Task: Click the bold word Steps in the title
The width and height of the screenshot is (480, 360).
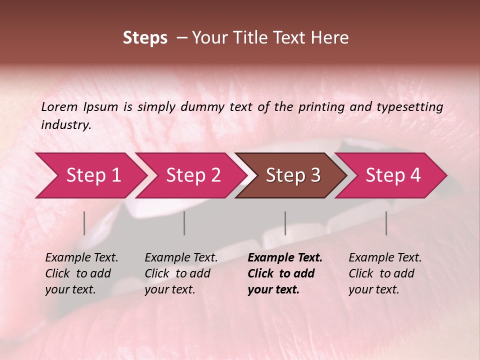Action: (x=145, y=38)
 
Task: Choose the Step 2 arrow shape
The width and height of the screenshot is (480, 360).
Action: (x=192, y=175)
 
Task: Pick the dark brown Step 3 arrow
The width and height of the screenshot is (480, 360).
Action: (x=292, y=175)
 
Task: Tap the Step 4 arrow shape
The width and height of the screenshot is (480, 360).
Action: (x=393, y=175)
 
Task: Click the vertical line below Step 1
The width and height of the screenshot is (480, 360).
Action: (x=84, y=223)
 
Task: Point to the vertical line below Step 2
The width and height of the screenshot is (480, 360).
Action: (x=184, y=223)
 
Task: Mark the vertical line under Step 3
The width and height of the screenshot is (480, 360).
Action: (x=285, y=223)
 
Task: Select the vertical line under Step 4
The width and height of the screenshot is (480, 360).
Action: (x=386, y=223)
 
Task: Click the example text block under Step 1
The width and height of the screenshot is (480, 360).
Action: (x=81, y=273)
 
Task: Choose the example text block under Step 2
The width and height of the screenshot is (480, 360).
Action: (x=181, y=273)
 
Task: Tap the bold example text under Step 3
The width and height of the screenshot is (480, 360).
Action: (x=284, y=273)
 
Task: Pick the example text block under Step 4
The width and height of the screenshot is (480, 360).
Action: (x=385, y=273)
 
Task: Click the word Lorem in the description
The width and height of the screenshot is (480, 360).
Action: (x=59, y=107)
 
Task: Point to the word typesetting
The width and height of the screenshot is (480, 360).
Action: (x=409, y=107)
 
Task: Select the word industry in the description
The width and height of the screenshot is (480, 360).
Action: (x=65, y=125)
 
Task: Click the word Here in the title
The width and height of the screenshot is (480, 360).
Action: (x=331, y=38)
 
